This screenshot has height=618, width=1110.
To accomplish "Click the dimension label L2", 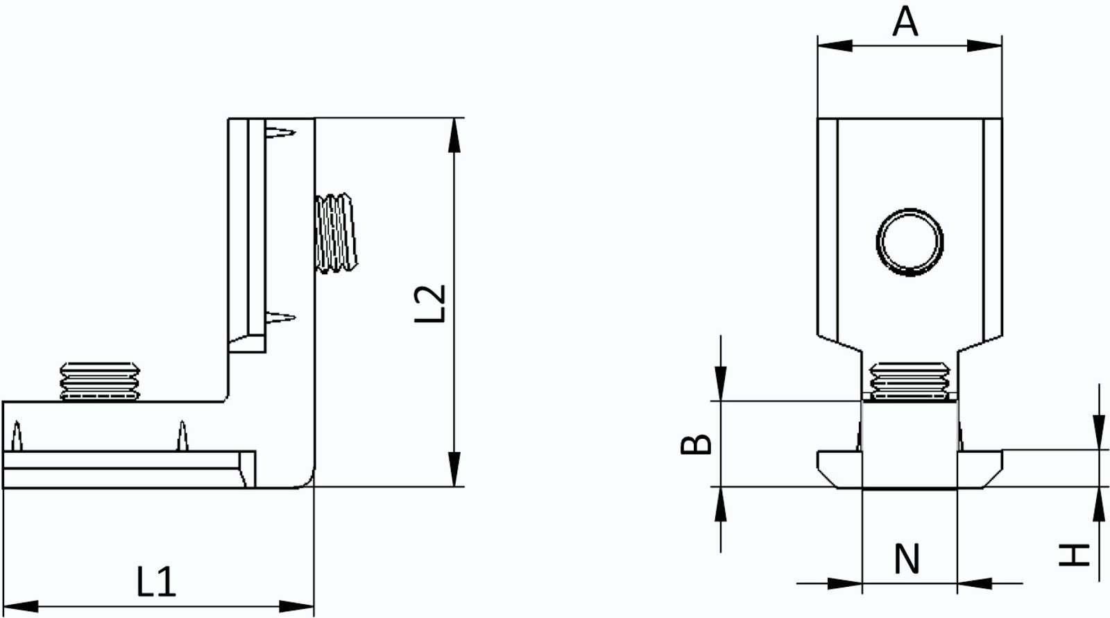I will (429, 303).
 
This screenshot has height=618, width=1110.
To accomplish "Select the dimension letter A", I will (905, 22).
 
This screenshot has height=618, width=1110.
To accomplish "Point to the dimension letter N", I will (907, 560).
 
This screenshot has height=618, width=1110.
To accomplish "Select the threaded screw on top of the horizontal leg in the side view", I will (99, 381).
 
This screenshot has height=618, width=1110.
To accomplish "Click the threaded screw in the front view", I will (910, 381).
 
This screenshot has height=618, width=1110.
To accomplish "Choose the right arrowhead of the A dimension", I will (984, 45).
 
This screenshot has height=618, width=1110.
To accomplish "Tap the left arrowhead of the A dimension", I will (835, 45).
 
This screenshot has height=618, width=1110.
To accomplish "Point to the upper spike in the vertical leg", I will (282, 131).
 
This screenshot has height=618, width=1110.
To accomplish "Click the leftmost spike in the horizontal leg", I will (17, 436).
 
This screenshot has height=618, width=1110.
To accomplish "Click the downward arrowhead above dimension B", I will (721, 385).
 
